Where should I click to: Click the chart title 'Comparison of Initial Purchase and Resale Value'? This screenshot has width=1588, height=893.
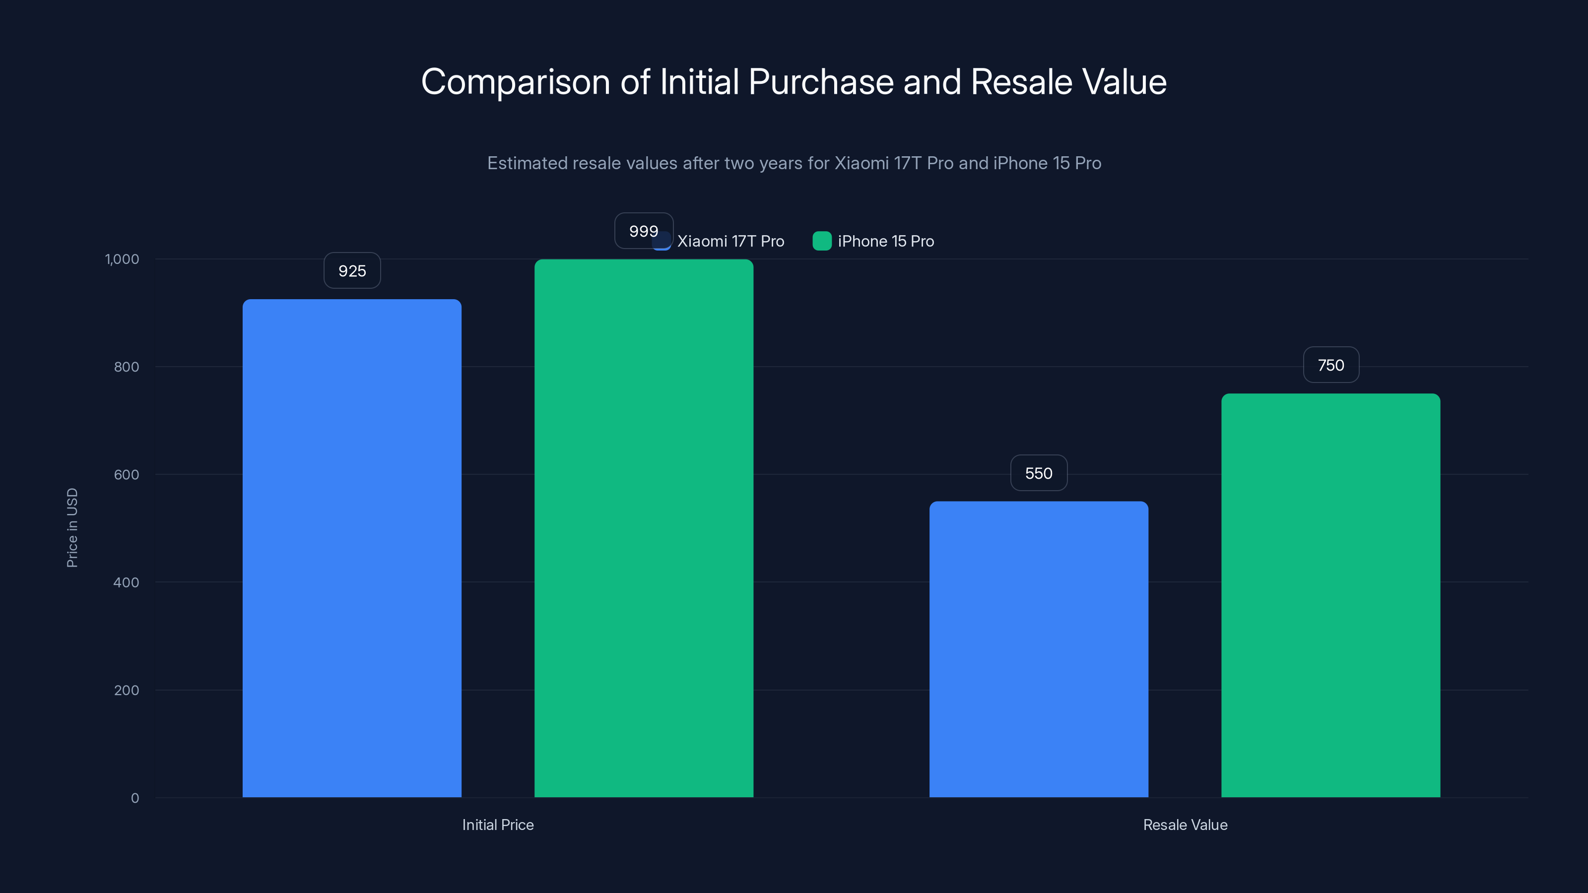click(x=794, y=82)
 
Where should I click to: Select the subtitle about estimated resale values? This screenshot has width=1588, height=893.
click(x=794, y=163)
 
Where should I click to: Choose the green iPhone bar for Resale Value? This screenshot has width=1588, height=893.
click(x=1330, y=595)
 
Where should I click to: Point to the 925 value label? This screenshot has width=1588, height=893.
click(x=352, y=271)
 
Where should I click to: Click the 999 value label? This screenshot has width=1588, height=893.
click(x=643, y=231)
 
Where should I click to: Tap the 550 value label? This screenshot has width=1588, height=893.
click(x=1038, y=473)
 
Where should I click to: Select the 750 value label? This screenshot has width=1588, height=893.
click(x=1330, y=366)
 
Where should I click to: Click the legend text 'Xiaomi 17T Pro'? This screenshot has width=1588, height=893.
click(x=730, y=242)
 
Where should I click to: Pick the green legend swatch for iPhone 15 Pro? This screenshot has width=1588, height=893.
click(x=822, y=241)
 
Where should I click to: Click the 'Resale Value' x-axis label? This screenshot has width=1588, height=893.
click(x=1185, y=825)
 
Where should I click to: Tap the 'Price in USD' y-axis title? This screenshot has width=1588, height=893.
click(x=72, y=527)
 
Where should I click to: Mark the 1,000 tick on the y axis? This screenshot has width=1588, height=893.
click(x=122, y=259)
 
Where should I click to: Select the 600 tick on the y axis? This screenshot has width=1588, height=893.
click(x=127, y=475)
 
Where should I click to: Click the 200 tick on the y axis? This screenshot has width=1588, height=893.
click(x=127, y=690)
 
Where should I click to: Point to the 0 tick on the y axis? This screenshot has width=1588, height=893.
click(x=134, y=798)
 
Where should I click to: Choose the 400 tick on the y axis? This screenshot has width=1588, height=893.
click(x=127, y=582)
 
